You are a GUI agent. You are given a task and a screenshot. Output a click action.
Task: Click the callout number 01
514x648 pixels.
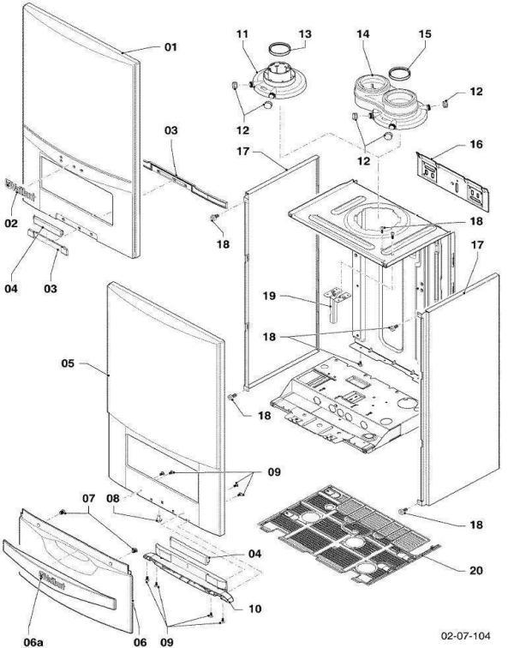(170, 47)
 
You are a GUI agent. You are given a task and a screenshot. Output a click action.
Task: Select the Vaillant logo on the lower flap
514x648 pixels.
(52, 576)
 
